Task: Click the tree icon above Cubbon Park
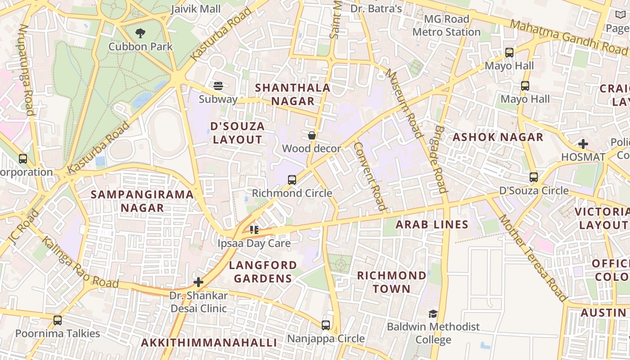pos(140,33)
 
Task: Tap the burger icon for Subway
pos(218,85)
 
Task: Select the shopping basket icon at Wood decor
pos(311,135)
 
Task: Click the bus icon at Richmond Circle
pos(292,180)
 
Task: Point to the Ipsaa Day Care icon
pos(254,230)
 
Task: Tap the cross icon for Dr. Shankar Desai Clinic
pos(198,282)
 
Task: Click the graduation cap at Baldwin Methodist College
pos(433,314)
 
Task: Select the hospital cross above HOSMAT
pos(583,144)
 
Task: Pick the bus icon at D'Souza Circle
pos(534,177)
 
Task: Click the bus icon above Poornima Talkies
pos(58,320)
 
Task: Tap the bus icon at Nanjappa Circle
pos(326,325)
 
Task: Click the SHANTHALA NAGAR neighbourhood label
pos(293,94)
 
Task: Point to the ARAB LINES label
pos(432,225)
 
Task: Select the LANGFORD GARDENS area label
pos(263,272)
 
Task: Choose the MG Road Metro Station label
pos(446,26)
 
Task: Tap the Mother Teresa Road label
pos(533,258)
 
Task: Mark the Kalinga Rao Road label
pos(80,262)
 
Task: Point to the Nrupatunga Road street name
pos(27,70)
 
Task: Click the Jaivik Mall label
pos(196,9)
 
